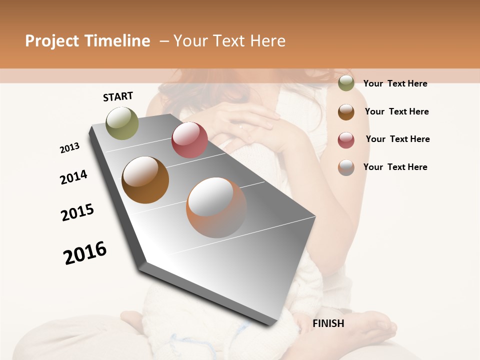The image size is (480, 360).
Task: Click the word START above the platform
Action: [118, 96]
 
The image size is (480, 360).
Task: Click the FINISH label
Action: [328, 323]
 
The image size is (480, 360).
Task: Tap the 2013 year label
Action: [69, 148]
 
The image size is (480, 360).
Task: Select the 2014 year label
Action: [73, 177]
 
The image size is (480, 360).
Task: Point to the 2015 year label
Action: [77, 212]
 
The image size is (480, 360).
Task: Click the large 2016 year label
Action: [85, 252]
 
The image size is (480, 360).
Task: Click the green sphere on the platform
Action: [122, 123]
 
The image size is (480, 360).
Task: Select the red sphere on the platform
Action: [189, 140]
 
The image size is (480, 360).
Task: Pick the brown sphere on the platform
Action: [145, 180]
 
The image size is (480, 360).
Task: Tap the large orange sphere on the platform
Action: [216, 207]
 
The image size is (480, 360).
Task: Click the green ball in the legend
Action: [346, 83]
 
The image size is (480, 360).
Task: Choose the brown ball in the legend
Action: [346, 112]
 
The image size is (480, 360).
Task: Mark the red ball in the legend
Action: [346, 140]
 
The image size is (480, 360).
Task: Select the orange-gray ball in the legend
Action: [346, 167]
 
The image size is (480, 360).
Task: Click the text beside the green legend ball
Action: [395, 83]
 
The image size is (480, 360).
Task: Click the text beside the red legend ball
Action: [397, 139]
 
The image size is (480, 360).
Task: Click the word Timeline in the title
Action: [117, 41]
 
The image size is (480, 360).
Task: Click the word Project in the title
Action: [52, 41]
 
